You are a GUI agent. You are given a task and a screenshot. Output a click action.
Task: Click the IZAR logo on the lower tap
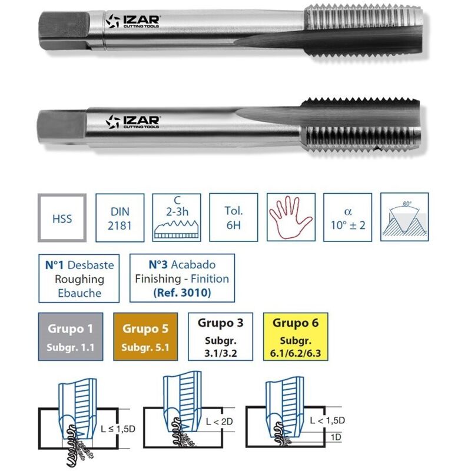click(x=132, y=122)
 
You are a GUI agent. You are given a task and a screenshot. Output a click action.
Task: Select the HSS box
click(x=62, y=218)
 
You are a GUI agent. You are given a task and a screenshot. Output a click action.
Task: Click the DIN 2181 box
click(x=120, y=218)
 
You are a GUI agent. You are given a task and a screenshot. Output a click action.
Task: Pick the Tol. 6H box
click(x=234, y=218)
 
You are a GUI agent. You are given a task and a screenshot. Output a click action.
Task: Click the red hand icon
click(x=291, y=218)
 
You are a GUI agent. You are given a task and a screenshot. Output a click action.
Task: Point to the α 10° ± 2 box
click(x=348, y=218)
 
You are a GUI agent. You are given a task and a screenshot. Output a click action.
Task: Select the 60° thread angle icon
click(x=405, y=218)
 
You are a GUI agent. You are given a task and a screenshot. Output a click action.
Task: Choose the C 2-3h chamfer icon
click(x=177, y=218)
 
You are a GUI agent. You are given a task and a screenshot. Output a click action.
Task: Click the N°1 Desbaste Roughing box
click(x=79, y=278)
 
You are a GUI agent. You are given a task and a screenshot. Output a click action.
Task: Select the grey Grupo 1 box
click(x=71, y=337)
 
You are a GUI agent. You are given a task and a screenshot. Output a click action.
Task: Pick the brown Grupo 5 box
click(x=145, y=337)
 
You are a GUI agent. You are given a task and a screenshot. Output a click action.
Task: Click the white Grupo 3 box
click(x=220, y=337)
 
